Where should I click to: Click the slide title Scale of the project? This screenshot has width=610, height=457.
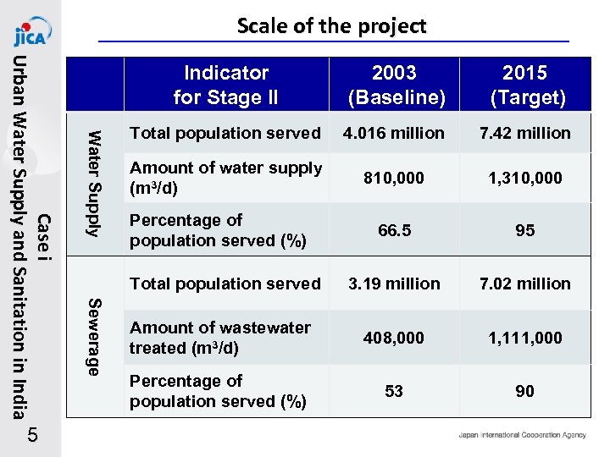331,25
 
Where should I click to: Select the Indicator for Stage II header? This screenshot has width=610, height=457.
225,85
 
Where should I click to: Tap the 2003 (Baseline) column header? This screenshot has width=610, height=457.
396,85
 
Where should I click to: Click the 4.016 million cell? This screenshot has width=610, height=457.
396,133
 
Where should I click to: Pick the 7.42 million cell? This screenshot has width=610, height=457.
525,133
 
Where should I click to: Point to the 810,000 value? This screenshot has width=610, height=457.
396,179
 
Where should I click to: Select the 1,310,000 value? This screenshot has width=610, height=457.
525,179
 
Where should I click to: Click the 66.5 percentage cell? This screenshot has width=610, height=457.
396,230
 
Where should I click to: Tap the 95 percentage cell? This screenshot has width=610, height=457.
525,230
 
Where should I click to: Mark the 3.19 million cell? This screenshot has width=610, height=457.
396,284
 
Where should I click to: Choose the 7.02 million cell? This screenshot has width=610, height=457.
525,284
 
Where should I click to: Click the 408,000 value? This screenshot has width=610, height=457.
396,338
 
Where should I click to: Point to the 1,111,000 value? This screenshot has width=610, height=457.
525,338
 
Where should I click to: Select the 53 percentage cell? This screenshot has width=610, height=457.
394,391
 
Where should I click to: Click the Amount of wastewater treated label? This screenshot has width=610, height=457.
220,338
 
